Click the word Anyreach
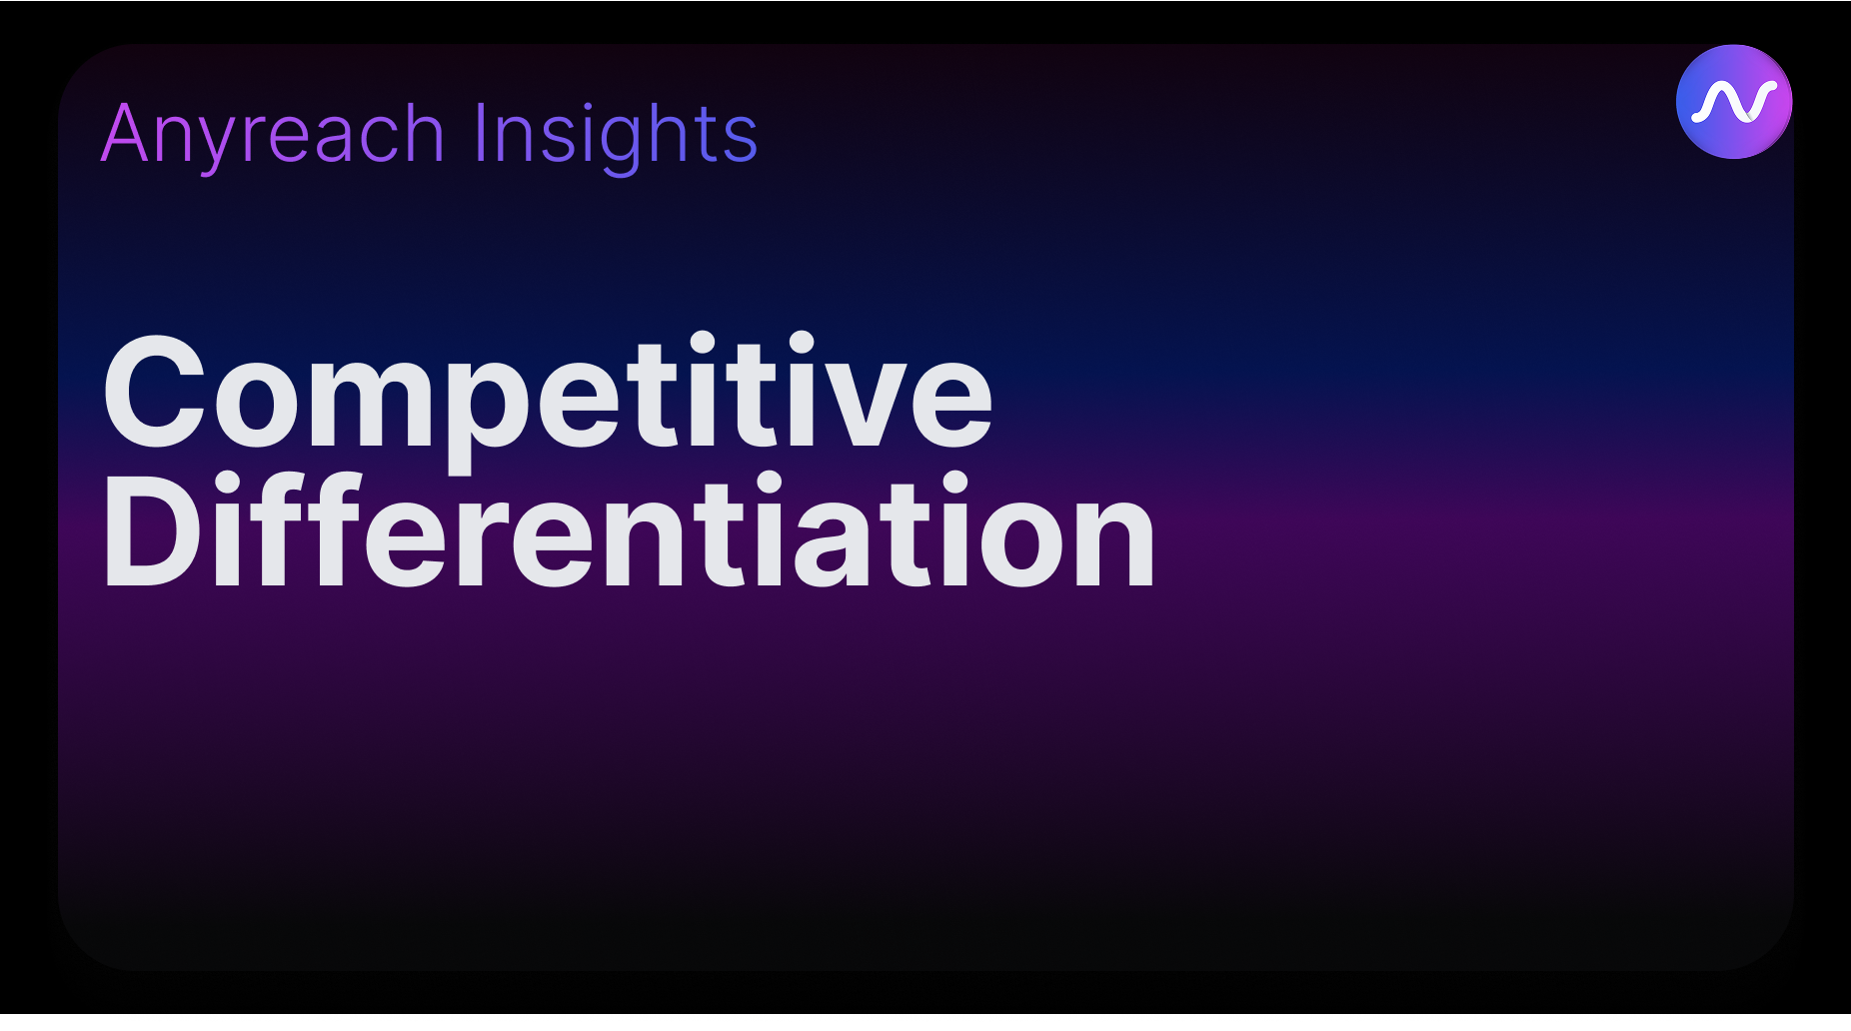pyautogui.click(x=272, y=135)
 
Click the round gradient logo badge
pyautogui.click(x=1734, y=101)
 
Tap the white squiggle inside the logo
pyautogui.click(x=1734, y=102)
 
